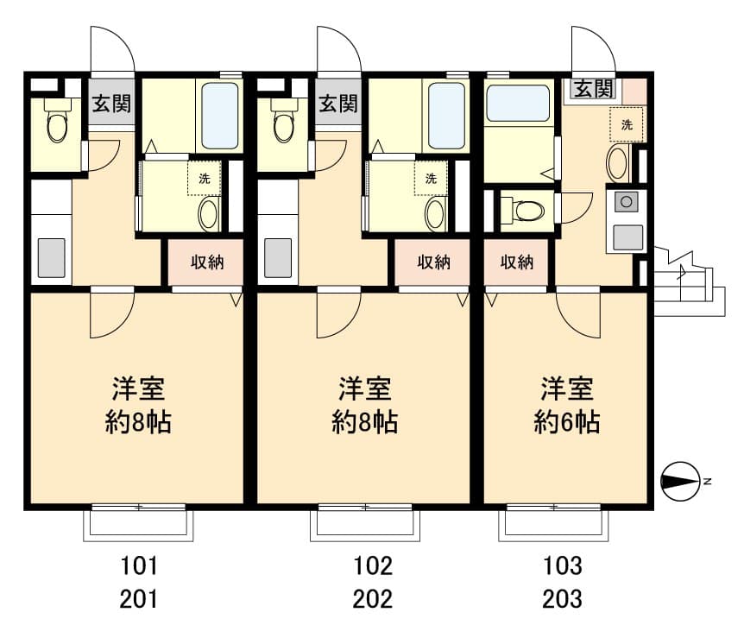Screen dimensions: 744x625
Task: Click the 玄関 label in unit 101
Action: (111, 104)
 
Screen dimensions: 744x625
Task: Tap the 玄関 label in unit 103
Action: (594, 88)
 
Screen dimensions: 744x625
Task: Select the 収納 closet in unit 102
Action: (433, 262)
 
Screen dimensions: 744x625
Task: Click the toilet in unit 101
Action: (58, 123)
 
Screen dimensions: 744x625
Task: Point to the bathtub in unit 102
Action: (446, 117)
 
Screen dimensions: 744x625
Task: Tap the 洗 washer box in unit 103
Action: (627, 125)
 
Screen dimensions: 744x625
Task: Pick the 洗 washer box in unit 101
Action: (205, 179)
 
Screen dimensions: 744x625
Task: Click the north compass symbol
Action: (681, 481)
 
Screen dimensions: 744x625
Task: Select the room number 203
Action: (562, 599)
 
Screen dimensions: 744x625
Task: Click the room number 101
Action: (139, 565)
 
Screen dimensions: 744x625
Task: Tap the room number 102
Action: (373, 565)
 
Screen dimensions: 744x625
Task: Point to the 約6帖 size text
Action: (567, 422)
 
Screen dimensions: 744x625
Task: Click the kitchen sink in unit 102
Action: (278, 258)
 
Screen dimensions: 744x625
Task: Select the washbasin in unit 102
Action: (435, 214)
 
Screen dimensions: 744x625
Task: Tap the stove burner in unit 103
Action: (627, 202)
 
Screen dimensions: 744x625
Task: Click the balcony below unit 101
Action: (139, 524)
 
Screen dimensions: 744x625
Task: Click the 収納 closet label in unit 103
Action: (517, 262)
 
